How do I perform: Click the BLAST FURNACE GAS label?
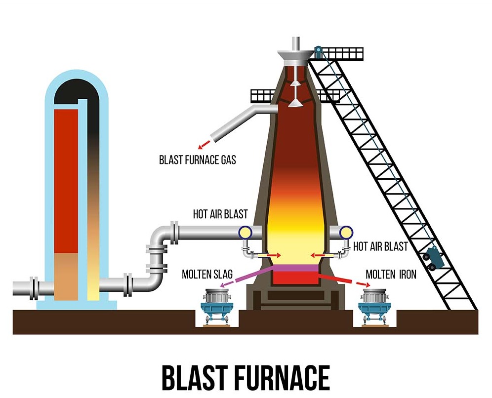tap(198, 159)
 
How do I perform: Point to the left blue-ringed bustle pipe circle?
tap(245, 232)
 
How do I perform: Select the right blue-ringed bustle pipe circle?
tap(344, 232)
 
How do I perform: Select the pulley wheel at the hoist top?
tap(318, 50)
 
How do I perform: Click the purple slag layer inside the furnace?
tap(294, 268)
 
